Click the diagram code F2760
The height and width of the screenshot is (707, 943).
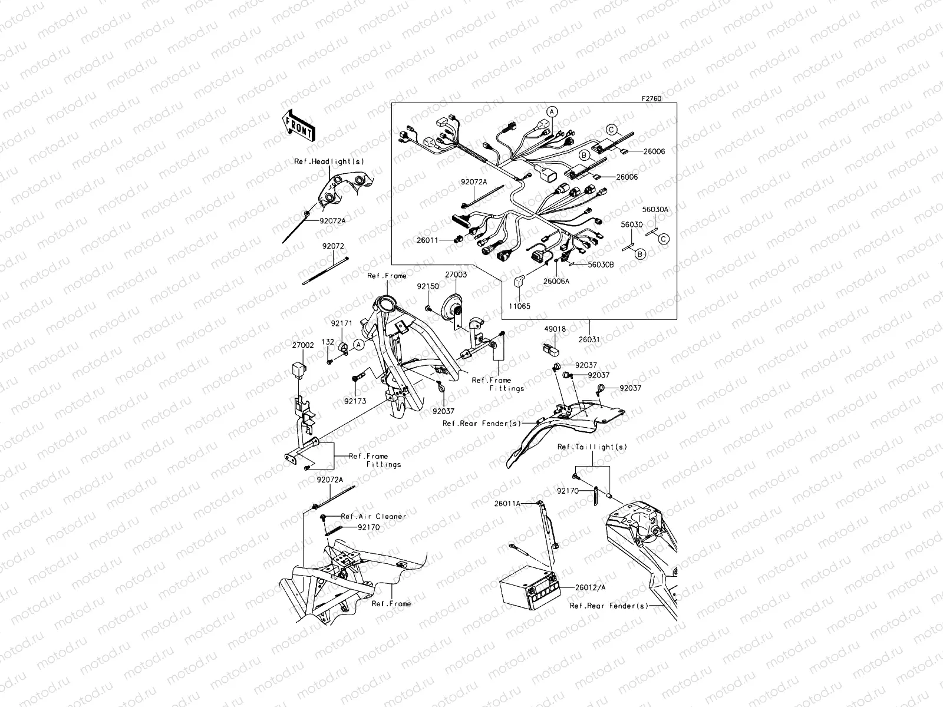point(651,99)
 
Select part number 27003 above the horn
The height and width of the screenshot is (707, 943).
point(456,275)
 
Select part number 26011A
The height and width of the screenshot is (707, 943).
point(507,504)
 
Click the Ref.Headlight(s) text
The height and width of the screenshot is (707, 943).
point(321,161)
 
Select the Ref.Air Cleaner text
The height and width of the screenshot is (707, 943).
point(374,516)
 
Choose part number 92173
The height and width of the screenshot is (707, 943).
point(355,401)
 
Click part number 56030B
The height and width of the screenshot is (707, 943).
point(601,265)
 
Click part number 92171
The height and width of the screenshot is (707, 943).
point(341,323)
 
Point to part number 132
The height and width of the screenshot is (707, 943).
point(328,342)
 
